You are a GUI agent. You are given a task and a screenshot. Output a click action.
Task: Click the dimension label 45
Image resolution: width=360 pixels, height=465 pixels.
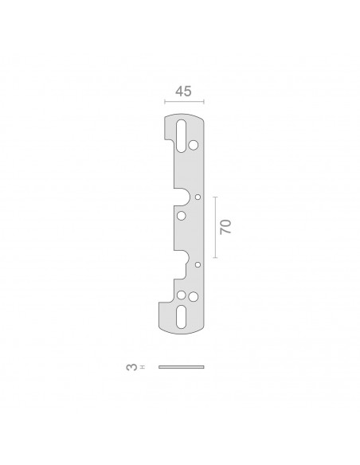(183, 92)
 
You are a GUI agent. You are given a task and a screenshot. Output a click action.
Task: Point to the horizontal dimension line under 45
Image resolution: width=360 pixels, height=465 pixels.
(184, 102)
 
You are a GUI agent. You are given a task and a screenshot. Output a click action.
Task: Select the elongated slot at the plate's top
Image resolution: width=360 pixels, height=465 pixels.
(181, 136)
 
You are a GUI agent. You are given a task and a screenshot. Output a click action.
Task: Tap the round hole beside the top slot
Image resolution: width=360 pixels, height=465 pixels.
(194, 145)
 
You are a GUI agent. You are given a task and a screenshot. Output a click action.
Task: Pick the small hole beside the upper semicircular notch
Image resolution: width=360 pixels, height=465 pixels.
(198, 197)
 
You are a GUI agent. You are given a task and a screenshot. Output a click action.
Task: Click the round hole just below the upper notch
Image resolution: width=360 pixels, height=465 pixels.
(181, 215)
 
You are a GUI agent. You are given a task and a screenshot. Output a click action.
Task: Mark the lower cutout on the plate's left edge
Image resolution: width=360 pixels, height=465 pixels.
(181, 264)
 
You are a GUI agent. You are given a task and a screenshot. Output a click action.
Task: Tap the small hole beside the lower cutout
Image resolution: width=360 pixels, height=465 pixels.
(198, 264)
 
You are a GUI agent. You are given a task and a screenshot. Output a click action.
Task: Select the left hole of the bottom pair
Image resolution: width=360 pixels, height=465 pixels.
(181, 295)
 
